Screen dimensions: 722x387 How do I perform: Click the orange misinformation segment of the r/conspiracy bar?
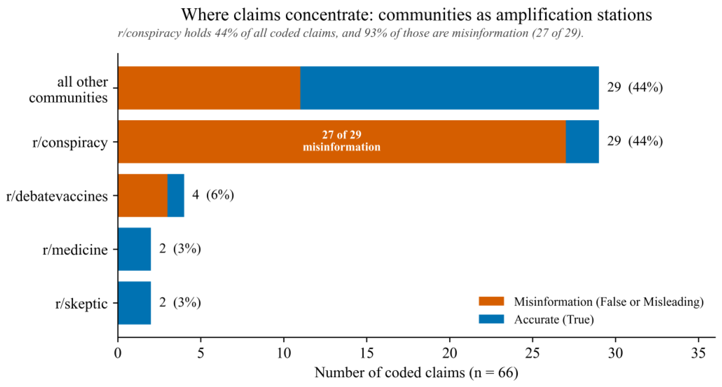[x=342, y=142]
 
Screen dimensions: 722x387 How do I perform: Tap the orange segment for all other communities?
[x=209, y=88]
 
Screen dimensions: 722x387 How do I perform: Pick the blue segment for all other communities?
[x=450, y=88]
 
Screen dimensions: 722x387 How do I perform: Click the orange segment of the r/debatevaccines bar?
[x=143, y=195]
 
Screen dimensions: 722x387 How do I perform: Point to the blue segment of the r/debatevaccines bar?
[x=176, y=195]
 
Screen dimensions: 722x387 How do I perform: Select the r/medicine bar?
[x=135, y=249]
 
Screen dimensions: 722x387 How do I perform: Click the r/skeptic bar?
[x=135, y=303]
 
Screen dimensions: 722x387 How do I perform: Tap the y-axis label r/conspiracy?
[x=70, y=142]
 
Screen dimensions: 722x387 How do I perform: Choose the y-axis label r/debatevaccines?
[x=57, y=196]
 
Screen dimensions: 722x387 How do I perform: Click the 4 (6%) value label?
[x=213, y=195]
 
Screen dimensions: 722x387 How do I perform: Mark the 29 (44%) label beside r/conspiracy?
[x=635, y=141]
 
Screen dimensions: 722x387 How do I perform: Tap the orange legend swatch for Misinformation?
[x=491, y=301]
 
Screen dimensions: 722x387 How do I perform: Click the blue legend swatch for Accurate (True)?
[x=491, y=319]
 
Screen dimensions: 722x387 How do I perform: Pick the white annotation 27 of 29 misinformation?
[x=342, y=141]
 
